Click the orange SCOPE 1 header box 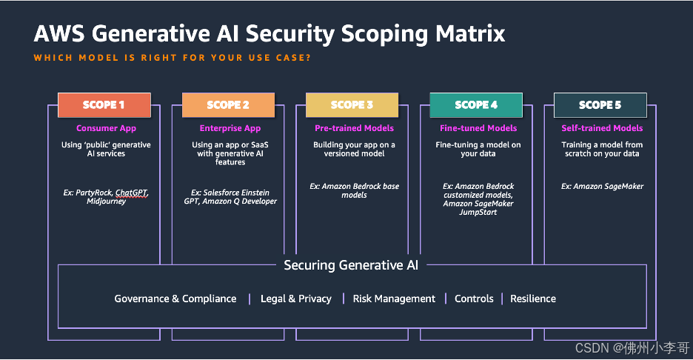point(104,105)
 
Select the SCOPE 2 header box point(228,105)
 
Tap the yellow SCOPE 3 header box point(352,105)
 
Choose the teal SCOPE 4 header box point(476,105)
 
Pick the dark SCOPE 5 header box point(600,105)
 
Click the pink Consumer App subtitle point(106,128)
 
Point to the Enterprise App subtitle point(230,128)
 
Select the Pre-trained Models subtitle point(354,128)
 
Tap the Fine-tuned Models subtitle point(478,128)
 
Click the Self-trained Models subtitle point(602,128)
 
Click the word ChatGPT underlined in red point(132,193)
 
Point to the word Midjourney point(106,201)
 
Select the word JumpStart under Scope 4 point(478,213)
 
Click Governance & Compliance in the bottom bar point(175,299)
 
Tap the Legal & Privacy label point(296,299)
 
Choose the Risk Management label point(394,299)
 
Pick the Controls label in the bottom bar point(474,299)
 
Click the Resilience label point(533,299)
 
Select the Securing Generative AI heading point(351,265)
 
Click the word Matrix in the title point(470,33)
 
